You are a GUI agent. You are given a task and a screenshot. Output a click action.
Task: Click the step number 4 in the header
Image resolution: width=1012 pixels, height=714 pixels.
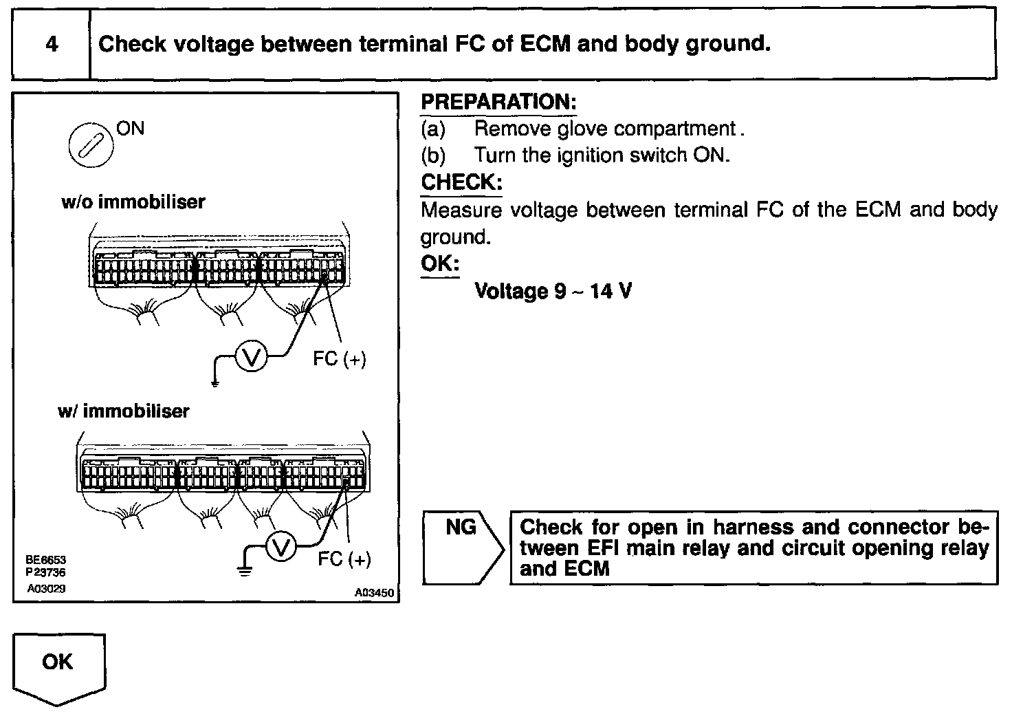(x=52, y=45)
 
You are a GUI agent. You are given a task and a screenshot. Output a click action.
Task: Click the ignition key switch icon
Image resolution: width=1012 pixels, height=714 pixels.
(x=89, y=146)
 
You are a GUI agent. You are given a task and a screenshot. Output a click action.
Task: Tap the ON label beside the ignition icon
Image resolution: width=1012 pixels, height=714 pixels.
(x=131, y=129)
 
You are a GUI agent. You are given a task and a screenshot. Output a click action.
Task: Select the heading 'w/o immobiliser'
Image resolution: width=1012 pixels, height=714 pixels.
(x=133, y=202)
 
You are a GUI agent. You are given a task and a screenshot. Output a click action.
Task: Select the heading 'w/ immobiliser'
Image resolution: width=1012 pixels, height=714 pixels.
(x=124, y=411)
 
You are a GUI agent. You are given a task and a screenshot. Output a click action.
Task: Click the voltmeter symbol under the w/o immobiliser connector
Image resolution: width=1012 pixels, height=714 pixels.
(x=251, y=356)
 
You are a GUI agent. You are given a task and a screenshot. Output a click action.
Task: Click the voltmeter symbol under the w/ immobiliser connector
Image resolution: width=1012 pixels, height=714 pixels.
(x=280, y=548)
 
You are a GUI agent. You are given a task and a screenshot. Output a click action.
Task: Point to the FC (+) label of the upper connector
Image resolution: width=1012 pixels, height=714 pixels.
(x=339, y=358)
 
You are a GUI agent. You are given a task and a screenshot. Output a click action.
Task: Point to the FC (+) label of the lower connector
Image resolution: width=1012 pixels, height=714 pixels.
(x=344, y=559)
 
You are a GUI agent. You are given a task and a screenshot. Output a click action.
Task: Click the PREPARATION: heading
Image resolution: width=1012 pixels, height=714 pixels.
(x=498, y=102)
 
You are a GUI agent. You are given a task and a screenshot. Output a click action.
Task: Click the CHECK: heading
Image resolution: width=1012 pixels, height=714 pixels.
(x=461, y=182)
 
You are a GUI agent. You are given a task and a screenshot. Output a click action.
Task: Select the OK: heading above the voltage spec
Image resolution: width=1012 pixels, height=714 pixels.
(x=439, y=263)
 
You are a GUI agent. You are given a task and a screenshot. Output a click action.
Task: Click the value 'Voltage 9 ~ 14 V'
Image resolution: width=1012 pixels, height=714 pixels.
(x=553, y=291)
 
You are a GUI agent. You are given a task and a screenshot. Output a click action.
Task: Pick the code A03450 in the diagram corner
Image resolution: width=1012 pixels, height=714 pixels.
(x=375, y=592)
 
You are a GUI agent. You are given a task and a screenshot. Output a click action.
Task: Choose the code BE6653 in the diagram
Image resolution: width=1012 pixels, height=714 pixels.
(x=45, y=561)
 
